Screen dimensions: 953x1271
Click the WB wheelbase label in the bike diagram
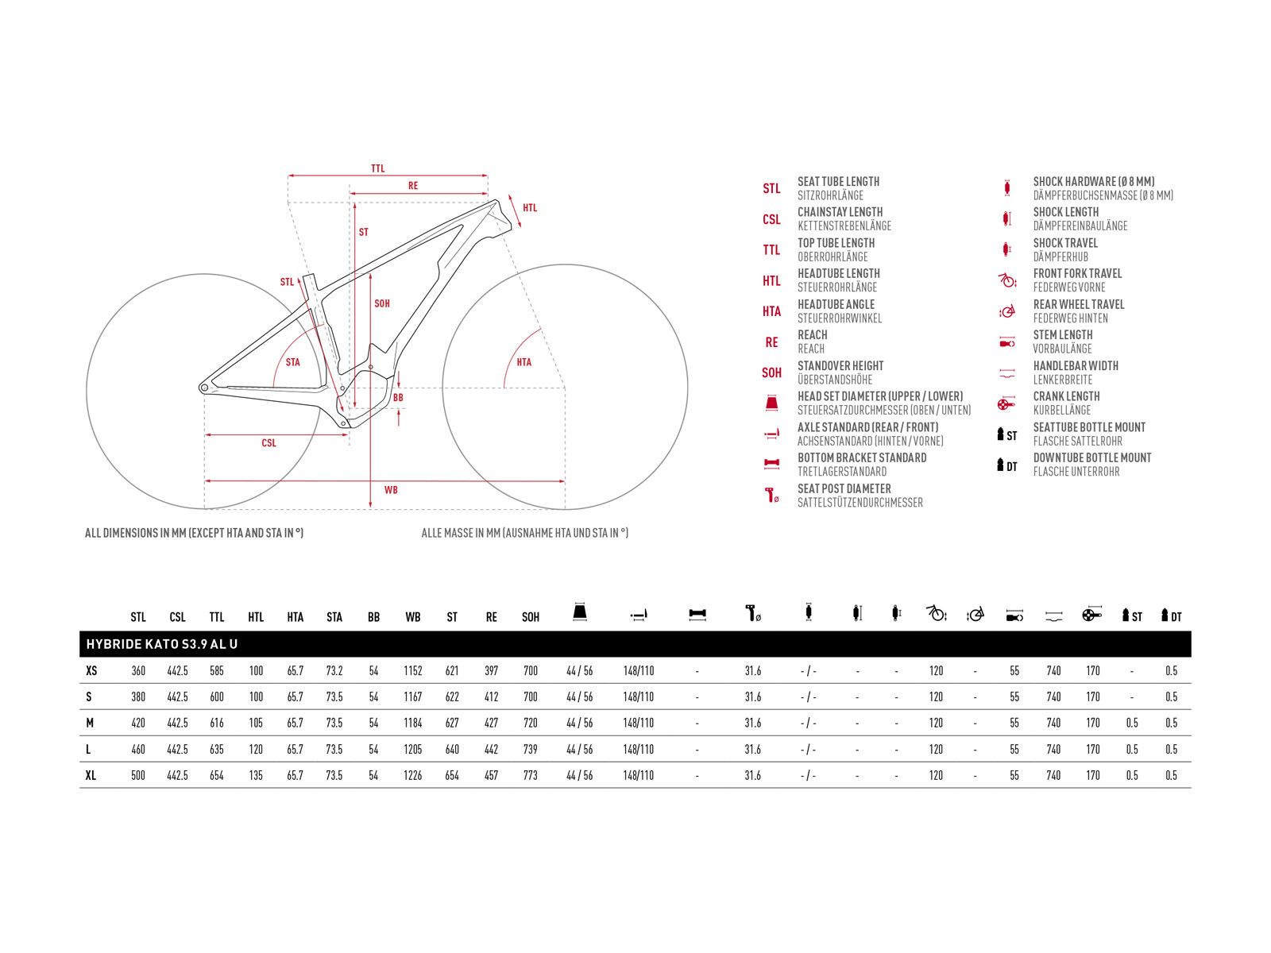coord(391,490)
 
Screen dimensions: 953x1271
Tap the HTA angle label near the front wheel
coord(523,363)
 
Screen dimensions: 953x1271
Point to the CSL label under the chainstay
coord(268,443)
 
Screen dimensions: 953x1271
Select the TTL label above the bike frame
coord(377,169)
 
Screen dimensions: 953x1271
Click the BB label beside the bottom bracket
coord(398,398)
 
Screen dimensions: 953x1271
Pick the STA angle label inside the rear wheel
coord(292,363)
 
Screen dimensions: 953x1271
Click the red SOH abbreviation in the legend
coord(771,373)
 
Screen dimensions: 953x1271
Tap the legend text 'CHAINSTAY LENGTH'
coord(840,212)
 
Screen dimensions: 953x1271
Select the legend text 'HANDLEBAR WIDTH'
coord(1075,366)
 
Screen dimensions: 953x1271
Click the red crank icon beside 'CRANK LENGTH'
coord(1006,404)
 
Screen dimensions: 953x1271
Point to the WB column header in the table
coord(412,617)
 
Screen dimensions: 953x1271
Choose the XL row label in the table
coord(91,775)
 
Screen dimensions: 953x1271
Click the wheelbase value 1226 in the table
coord(412,775)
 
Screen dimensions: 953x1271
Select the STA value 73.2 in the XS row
coord(334,671)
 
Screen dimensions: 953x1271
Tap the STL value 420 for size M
coord(138,723)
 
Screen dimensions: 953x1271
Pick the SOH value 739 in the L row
coord(530,750)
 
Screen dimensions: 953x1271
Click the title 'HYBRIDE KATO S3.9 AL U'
coord(161,645)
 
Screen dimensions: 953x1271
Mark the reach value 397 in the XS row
coord(491,671)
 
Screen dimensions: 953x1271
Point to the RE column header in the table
coord(491,617)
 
